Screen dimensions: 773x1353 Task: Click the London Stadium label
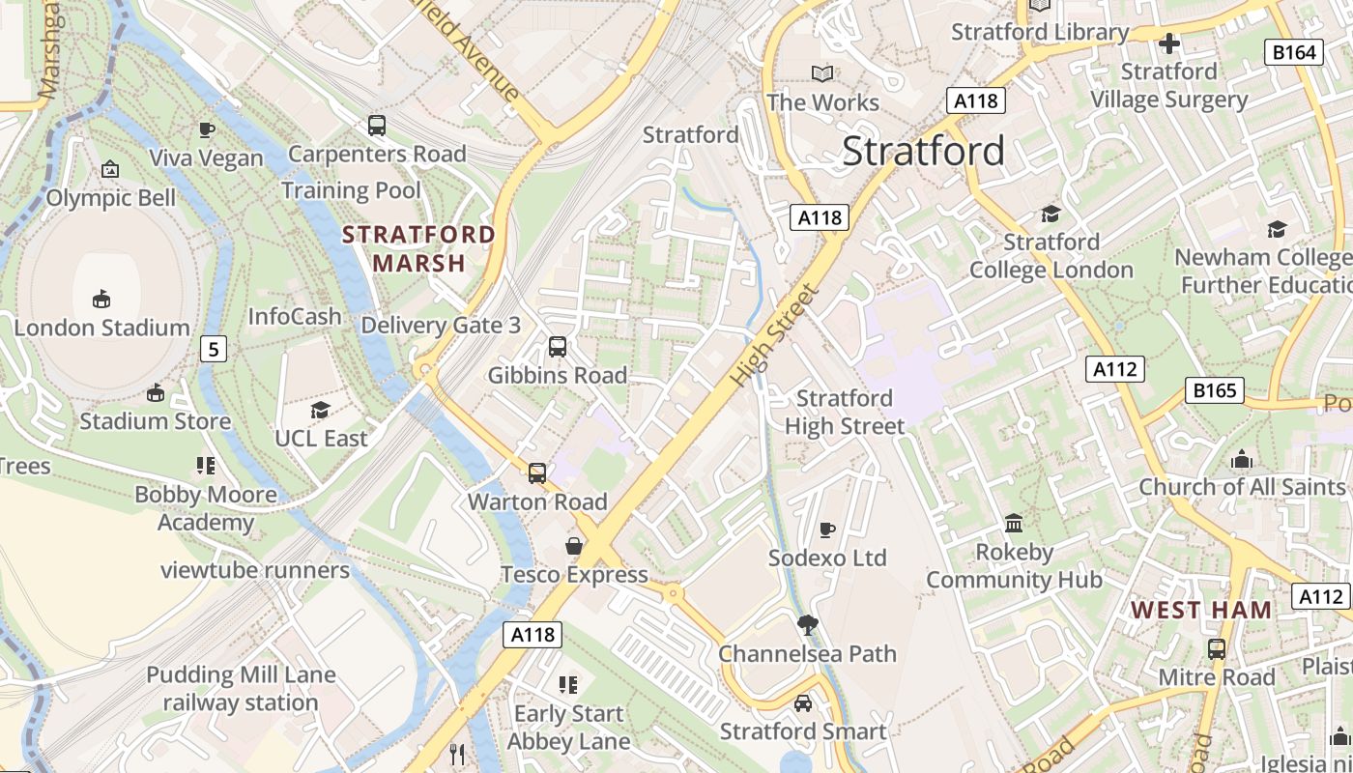pyautogui.click(x=101, y=328)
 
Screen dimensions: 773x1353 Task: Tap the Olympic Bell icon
pyautogui.click(x=110, y=169)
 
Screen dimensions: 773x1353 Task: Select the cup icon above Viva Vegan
pyautogui.click(x=206, y=129)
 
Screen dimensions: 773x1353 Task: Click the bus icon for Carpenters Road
pyautogui.click(x=377, y=125)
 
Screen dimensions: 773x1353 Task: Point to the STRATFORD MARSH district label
pyautogui.click(x=418, y=248)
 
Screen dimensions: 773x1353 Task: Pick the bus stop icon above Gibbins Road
pyautogui.click(x=557, y=346)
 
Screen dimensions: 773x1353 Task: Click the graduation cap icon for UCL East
pyautogui.click(x=321, y=410)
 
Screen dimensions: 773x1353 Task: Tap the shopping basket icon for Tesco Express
pyautogui.click(x=574, y=546)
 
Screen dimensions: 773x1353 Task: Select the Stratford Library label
pyautogui.click(x=1040, y=32)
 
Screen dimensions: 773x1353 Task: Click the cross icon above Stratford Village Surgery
pyautogui.click(x=1169, y=43)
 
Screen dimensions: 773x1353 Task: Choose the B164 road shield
pyautogui.click(x=1293, y=52)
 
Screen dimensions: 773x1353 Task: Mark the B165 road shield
pyautogui.click(x=1214, y=390)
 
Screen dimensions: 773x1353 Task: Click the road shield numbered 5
pyautogui.click(x=213, y=349)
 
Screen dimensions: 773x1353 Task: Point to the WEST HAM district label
pyautogui.click(x=1201, y=610)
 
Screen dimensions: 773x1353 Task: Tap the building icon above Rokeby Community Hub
pyautogui.click(x=1014, y=523)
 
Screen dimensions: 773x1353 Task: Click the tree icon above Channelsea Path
pyautogui.click(x=807, y=625)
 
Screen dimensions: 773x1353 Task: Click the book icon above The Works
pyautogui.click(x=822, y=73)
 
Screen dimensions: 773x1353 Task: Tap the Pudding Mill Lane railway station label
pyautogui.click(x=241, y=688)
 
